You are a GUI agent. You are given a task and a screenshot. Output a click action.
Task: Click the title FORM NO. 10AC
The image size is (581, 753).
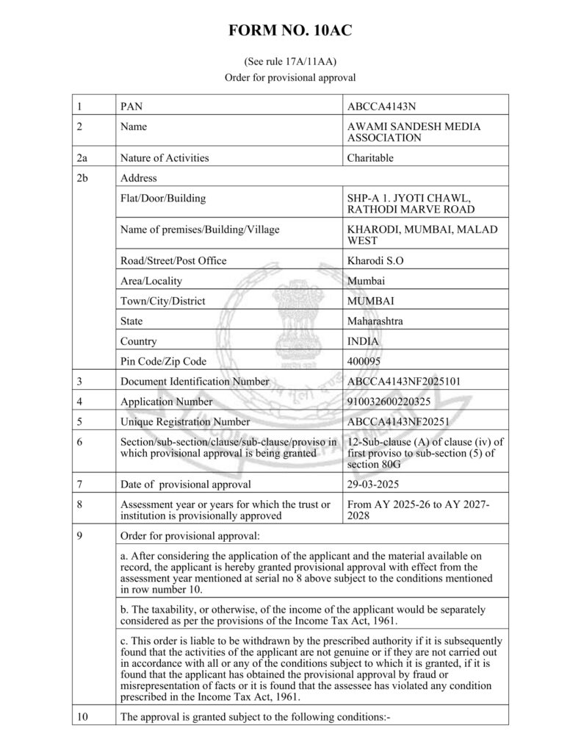290,31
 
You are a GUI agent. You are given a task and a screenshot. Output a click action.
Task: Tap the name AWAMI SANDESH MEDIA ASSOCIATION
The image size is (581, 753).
414,132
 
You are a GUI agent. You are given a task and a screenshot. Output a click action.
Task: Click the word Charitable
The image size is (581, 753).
370,157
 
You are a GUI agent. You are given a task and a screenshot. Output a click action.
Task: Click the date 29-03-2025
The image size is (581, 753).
373,484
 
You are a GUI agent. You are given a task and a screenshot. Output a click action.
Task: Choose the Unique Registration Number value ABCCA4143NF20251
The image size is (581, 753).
397,422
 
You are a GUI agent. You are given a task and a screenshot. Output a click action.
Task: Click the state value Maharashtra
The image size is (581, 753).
375,321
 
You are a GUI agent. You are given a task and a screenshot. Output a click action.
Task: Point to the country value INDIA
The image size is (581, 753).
364,341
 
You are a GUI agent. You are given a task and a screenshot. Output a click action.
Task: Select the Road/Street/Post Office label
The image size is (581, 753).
173,260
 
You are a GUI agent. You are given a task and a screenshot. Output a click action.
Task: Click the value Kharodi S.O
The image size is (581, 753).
375,260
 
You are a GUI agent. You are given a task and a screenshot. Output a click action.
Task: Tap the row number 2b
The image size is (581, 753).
83,178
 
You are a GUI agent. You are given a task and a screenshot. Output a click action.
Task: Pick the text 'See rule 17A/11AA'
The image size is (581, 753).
290,62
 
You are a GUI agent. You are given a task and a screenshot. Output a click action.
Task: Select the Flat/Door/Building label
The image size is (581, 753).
162,199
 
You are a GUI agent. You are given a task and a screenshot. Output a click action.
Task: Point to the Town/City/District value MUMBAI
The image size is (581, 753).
371,301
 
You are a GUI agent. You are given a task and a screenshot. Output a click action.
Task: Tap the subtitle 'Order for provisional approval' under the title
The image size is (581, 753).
290,77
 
